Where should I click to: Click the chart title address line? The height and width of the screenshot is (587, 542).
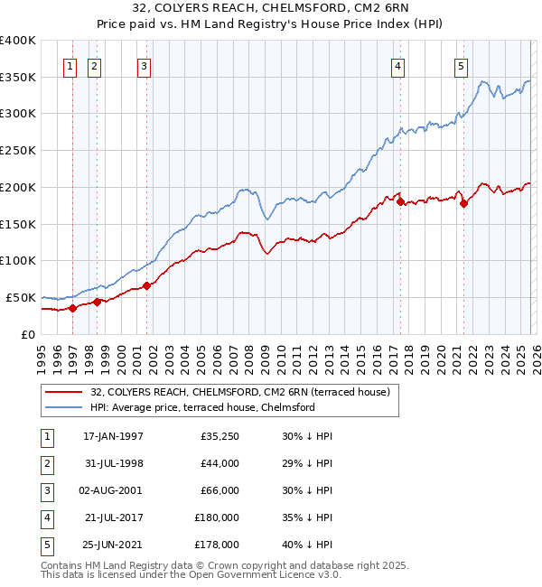point(270,10)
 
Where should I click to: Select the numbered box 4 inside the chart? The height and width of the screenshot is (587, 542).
point(397,64)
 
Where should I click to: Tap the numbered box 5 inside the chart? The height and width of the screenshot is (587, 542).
point(461,64)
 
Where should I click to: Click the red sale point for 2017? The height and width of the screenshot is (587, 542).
point(399,201)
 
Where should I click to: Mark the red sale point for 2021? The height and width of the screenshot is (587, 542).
point(463,204)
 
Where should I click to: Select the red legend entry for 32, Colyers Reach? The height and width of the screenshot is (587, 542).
point(239,392)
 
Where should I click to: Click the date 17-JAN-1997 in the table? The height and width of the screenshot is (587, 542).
point(113,436)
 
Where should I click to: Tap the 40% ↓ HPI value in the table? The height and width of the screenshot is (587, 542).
point(307,545)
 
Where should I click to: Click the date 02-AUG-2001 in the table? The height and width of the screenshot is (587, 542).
point(113,490)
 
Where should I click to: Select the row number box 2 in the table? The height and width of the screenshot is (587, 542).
point(45,464)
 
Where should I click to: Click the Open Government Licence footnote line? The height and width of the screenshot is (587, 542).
point(192,574)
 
